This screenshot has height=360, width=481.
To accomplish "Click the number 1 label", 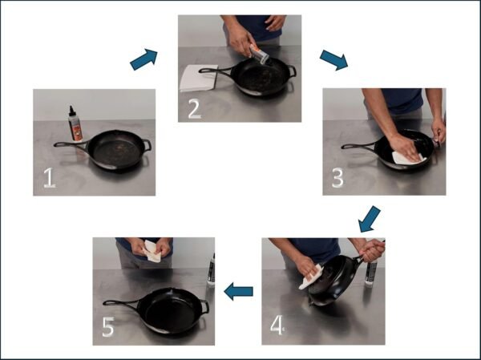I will (49, 177).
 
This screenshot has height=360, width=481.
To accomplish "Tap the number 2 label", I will (194, 108).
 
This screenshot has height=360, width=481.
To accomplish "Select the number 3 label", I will (338, 179).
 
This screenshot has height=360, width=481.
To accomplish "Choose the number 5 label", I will (109, 326).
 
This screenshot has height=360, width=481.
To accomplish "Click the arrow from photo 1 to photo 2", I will (144, 59).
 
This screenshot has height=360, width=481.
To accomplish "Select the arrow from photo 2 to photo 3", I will (333, 60).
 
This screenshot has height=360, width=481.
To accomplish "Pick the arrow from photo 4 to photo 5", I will (238, 291).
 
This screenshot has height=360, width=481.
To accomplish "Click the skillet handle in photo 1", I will (70, 145).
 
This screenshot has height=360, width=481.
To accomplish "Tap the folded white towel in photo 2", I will (198, 77).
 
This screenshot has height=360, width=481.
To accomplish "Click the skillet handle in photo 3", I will (358, 146).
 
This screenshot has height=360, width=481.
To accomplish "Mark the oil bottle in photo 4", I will (370, 271).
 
